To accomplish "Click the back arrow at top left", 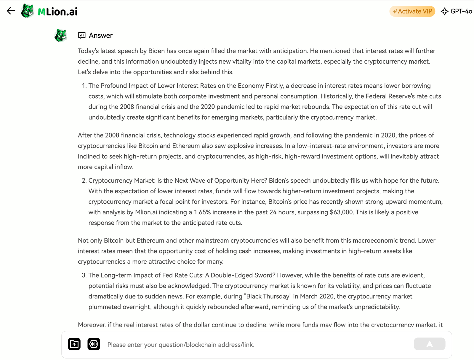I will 11,11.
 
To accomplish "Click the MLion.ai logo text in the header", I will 58,12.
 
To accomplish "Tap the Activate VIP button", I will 412,11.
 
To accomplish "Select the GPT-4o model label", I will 461,11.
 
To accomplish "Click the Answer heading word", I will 101,36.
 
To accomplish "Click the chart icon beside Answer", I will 82,36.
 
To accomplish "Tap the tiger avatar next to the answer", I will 61,36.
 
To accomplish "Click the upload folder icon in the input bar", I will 74,344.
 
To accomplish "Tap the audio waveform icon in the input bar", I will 94,344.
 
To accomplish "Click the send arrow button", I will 429,344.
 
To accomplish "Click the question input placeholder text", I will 181,345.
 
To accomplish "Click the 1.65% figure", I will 202,212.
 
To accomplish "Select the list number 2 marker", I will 84,181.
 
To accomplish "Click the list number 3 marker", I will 84,275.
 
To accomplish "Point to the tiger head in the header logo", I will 28,11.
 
